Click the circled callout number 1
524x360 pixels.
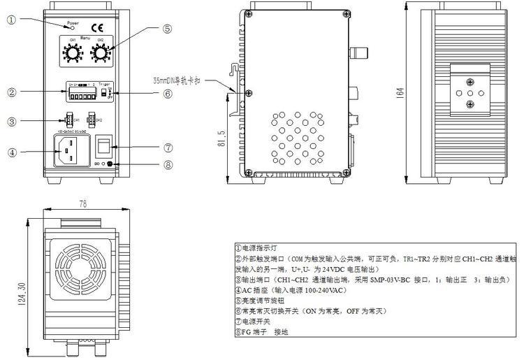11,20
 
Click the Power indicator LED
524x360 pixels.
73,29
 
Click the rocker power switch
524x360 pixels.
103,145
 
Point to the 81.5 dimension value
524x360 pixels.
221,137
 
